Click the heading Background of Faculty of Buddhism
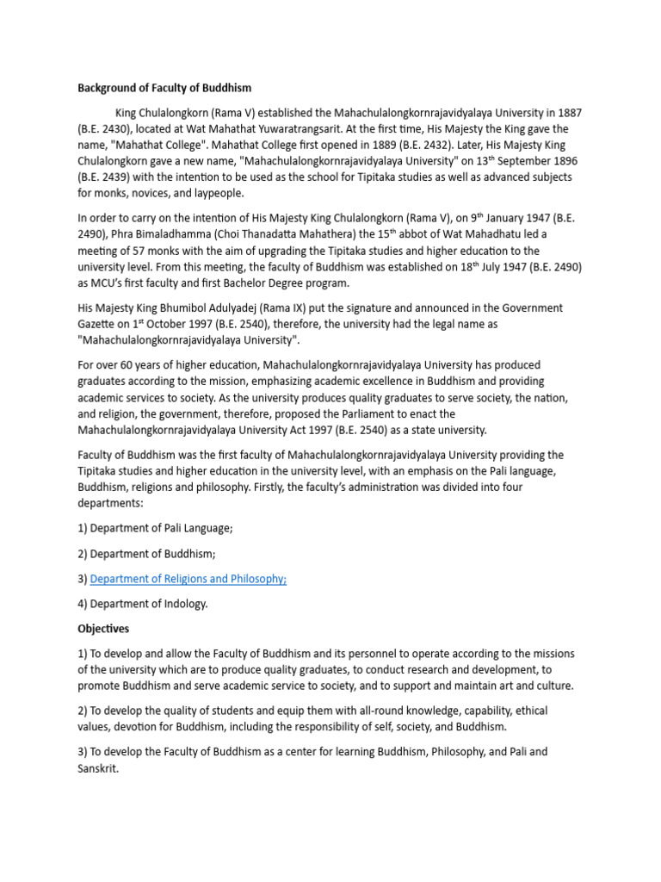click(164, 87)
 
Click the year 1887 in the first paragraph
click(568, 114)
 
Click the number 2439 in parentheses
click(112, 177)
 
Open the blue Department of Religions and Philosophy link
click(188, 579)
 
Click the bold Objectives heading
click(103, 629)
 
